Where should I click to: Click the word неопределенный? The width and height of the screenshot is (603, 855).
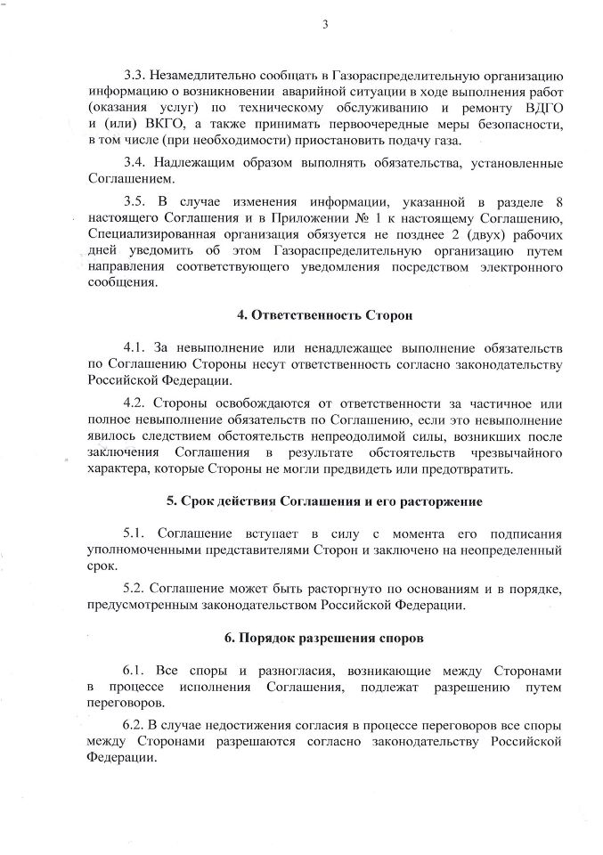(515, 550)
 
